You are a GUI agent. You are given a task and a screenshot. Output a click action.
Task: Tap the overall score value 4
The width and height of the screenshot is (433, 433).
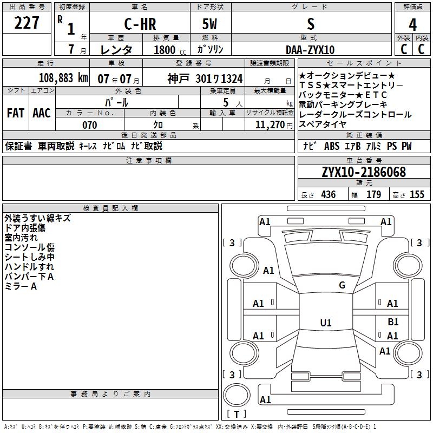click(412, 25)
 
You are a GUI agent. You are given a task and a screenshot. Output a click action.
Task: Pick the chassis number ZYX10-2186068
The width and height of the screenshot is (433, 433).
click(363, 172)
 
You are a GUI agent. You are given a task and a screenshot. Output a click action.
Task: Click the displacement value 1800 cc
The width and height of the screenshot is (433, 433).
click(166, 50)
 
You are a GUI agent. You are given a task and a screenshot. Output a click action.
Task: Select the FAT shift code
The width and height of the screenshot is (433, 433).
click(15, 113)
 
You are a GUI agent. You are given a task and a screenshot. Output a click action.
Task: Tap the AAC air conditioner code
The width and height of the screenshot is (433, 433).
click(42, 113)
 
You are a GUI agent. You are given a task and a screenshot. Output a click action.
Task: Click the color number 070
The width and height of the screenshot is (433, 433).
click(89, 125)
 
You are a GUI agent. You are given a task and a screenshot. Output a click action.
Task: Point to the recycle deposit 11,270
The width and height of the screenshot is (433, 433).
click(269, 125)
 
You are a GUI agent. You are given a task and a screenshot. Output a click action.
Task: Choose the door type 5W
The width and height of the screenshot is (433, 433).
click(209, 25)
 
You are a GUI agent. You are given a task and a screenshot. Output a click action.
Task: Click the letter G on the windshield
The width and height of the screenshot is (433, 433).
click(342, 285)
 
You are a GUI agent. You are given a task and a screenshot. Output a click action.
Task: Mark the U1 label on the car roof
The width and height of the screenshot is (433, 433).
click(326, 323)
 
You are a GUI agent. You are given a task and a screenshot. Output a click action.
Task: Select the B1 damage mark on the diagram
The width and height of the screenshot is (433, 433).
click(393, 322)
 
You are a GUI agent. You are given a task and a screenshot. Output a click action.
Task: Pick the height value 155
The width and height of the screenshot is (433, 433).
click(417, 195)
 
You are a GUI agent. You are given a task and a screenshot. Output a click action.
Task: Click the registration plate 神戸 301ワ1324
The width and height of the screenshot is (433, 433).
click(205, 78)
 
